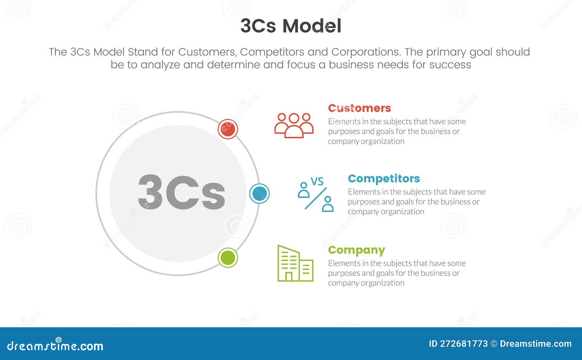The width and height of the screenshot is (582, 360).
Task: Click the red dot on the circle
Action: click(228, 129)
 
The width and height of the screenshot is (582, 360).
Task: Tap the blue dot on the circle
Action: click(259, 193)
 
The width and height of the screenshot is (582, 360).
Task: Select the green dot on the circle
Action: click(228, 257)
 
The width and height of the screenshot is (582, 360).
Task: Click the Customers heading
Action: click(359, 108)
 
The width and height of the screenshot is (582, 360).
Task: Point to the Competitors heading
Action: click(384, 179)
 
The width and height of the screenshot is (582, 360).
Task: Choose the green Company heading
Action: click(356, 250)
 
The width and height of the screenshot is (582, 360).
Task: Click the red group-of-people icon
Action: click(294, 125)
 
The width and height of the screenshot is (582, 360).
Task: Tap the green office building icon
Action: click(295, 263)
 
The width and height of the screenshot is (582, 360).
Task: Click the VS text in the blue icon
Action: click(317, 181)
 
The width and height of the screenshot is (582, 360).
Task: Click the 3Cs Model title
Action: click(291, 26)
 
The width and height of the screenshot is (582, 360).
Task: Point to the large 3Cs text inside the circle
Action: click(182, 192)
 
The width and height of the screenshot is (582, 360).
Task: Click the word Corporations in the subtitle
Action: click(365, 52)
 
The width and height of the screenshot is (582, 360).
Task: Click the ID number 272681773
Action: click(464, 344)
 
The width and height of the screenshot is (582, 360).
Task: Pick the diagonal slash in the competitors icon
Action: click(315, 199)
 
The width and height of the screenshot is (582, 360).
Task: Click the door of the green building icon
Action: click(289, 276)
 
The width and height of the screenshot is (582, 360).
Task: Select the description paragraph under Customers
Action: click(396, 131)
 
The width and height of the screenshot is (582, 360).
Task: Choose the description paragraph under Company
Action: click(396, 273)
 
